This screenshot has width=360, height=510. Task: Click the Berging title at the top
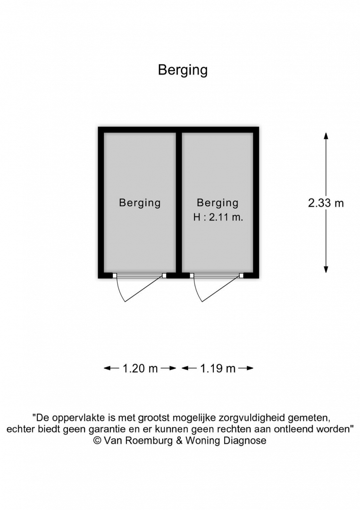(x=183, y=70)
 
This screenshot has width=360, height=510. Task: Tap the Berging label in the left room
(x=140, y=203)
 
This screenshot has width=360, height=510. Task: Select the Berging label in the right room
(x=218, y=203)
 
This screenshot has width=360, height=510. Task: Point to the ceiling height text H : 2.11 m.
(x=218, y=217)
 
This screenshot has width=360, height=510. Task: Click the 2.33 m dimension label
(x=326, y=203)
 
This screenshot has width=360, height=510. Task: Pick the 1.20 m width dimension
(x=140, y=368)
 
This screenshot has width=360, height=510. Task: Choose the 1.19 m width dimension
(x=218, y=368)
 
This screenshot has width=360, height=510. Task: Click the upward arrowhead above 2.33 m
(x=326, y=136)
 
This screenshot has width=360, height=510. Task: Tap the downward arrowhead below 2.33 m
(x=326, y=269)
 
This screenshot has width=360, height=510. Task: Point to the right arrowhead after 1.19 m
(x=250, y=368)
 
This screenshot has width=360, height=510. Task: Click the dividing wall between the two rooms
(x=179, y=203)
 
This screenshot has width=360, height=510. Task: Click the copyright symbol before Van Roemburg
(x=98, y=441)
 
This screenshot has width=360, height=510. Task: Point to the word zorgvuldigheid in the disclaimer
(x=247, y=418)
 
